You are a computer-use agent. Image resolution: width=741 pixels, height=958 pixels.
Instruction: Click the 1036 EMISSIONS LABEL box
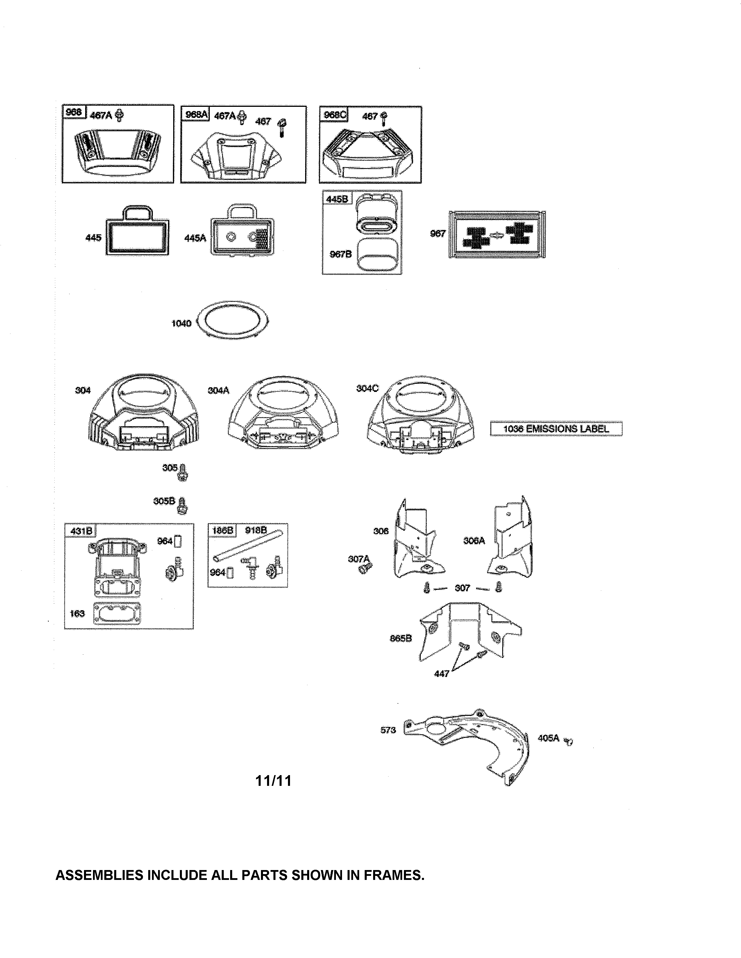[556, 428]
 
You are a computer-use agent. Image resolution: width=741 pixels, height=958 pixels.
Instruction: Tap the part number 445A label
[195, 238]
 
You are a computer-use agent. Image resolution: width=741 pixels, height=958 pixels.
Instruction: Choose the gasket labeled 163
[117, 613]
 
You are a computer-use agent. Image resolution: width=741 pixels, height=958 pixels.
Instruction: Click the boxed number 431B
[80, 531]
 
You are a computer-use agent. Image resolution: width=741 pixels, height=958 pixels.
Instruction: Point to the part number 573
[388, 730]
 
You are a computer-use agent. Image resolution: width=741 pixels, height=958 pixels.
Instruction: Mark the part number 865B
[401, 638]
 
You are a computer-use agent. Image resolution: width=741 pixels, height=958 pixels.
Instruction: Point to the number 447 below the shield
[441, 673]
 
